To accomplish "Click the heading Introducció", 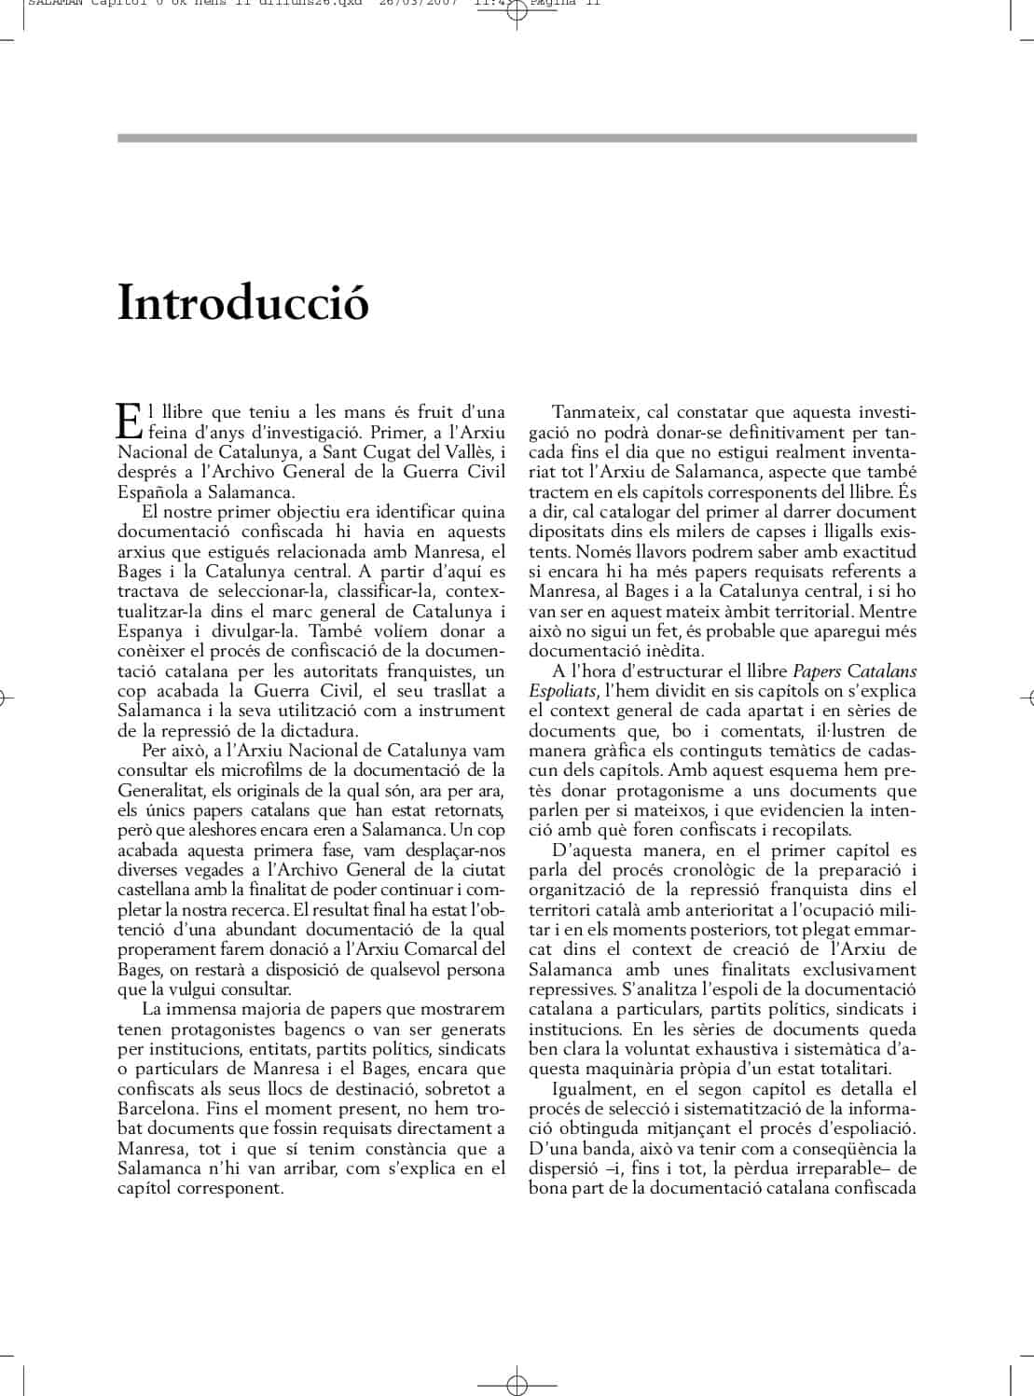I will pos(243,302).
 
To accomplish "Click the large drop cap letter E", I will pos(129,421).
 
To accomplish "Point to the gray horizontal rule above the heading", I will pos(517,138).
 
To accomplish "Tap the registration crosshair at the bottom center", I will pos(517,1385).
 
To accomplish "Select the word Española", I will pos(148,491).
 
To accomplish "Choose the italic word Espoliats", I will pos(562,691).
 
